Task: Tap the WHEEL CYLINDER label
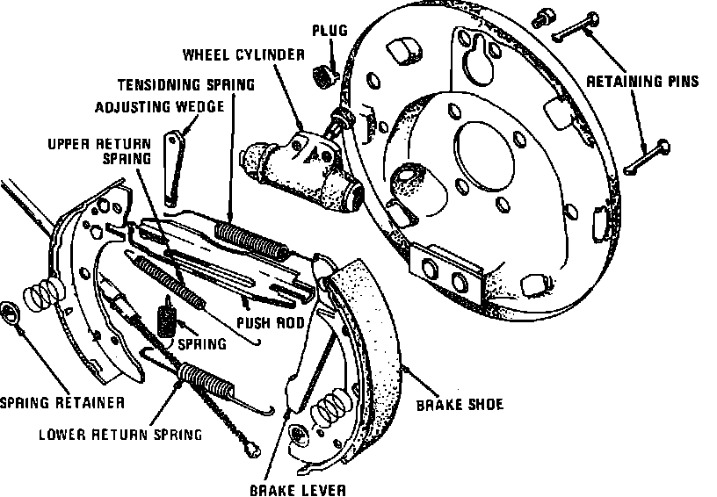pos(243,54)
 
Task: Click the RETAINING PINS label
pos(642,82)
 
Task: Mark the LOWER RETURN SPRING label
pos(120,434)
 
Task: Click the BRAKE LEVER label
pos(296,489)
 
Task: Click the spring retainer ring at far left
pos(12,313)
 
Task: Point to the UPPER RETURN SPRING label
pos(100,150)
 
